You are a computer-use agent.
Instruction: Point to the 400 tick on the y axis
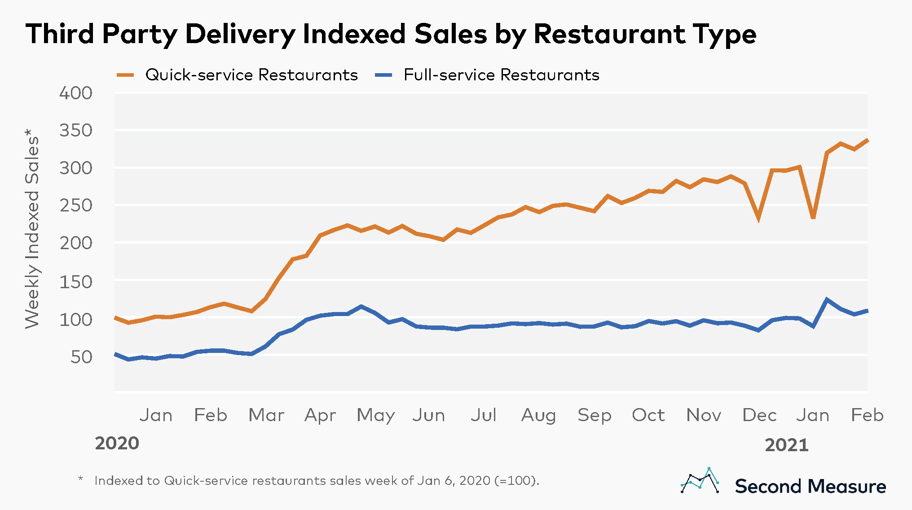[76, 93]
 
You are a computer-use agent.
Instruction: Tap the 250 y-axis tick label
[76, 206]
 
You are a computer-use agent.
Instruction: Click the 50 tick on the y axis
[81, 357]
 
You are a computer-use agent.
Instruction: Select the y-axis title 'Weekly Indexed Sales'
[32, 229]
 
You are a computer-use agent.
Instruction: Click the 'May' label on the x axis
[375, 415]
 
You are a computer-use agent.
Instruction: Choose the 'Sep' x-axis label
[594, 415]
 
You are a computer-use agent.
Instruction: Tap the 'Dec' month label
[759, 415]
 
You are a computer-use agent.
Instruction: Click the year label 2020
[117, 444]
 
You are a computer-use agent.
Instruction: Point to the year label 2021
[787, 445]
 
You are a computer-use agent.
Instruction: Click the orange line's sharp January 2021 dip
[813, 217]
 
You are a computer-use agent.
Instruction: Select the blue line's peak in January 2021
[827, 299]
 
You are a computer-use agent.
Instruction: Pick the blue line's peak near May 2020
[361, 307]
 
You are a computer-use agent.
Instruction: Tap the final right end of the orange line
[868, 140]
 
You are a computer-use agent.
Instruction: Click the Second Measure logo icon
[700, 481]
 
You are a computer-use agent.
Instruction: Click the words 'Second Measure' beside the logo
[811, 487]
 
